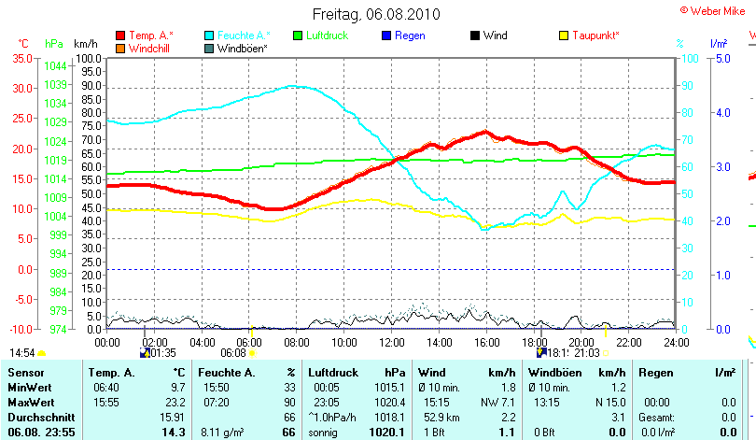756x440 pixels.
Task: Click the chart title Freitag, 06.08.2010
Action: tap(376, 14)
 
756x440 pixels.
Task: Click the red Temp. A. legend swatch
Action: tap(120, 35)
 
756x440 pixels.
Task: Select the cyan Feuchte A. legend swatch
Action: tap(209, 35)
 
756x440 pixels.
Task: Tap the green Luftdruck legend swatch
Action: tap(299, 35)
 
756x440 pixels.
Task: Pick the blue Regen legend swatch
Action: tap(388, 35)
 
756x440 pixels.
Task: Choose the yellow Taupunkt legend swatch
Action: tap(563, 35)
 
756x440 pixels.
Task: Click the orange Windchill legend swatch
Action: tap(120, 48)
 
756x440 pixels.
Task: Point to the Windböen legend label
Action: tap(244, 48)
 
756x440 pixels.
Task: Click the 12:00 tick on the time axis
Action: tap(391, 342)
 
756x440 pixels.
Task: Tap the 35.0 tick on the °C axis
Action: tap(22, 58)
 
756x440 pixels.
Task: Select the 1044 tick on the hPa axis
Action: tap(55, 65)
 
